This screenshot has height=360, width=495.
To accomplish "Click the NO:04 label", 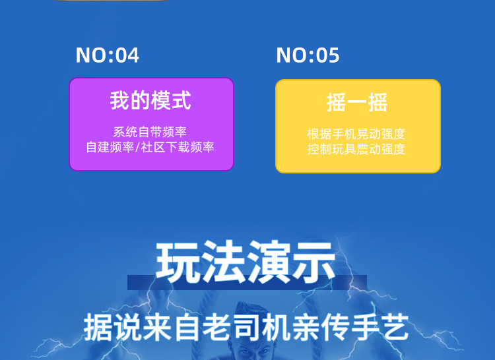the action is point(108,55).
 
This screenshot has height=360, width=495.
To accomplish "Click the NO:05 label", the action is point(308,55).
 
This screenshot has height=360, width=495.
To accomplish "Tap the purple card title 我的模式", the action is point(150,100).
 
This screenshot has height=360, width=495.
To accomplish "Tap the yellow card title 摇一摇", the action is point(357,102).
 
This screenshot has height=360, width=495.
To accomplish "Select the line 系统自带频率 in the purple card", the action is point(150,132).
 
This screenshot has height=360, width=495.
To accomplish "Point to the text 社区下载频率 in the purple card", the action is point(178,147).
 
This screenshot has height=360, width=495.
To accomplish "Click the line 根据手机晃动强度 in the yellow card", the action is point(356,134).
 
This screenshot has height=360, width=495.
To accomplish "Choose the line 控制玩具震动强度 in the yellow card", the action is point(356,149).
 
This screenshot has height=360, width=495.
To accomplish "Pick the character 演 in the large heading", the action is point(268,262).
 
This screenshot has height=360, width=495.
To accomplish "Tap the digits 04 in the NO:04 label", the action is point(127,55).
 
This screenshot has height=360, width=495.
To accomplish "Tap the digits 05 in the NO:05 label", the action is point(327,55).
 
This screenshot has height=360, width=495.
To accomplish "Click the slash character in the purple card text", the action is point(138,147).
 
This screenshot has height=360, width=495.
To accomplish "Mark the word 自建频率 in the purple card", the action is point(110,147).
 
